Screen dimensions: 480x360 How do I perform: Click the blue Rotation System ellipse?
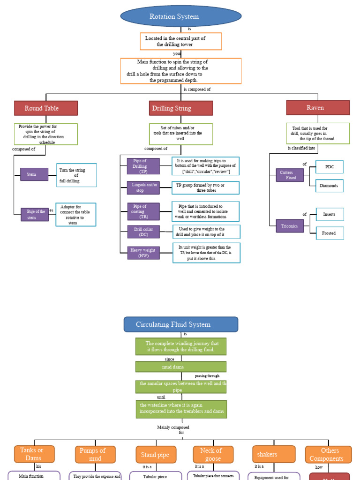pyautogui.click(x=181, y=17)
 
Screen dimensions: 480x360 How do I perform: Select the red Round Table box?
pyautogui.click(x=46, y=108)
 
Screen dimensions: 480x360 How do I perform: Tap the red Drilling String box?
pyautogui.click(x=181, y=108)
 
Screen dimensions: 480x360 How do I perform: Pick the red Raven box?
pyautogui.click(x=318, y=108)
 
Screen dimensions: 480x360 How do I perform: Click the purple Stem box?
pyautogui.click(x=34, y=174)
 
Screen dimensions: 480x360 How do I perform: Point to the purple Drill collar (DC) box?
pyautogui.click(x=143, y=232)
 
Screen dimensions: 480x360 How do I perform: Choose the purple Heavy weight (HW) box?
pyautogui.click(x=143, y=253)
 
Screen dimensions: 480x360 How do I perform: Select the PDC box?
pyautogui.click(x=330, y=167)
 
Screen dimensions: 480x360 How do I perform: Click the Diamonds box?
pyautogui.click(x=329, y=186)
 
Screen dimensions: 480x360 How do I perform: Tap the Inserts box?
pyautogui.click(x=330, y=215)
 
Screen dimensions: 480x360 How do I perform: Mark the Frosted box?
pyautogui.click(x=330, y=233)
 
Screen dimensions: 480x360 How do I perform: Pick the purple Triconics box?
pyautogui.click(x=290, y=226)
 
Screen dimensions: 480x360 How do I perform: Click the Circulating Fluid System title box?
pyautogui.click(x=181, y=324)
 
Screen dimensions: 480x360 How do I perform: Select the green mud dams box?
pyautogui.click(x=181, y=367)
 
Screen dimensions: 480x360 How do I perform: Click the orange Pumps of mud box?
pyautogui.click(x=95, y=454)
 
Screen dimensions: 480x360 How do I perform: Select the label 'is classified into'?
pyautogui.click(x=301, y=148)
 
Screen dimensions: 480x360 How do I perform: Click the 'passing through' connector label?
pyautogui.click(x=207, y=376)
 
